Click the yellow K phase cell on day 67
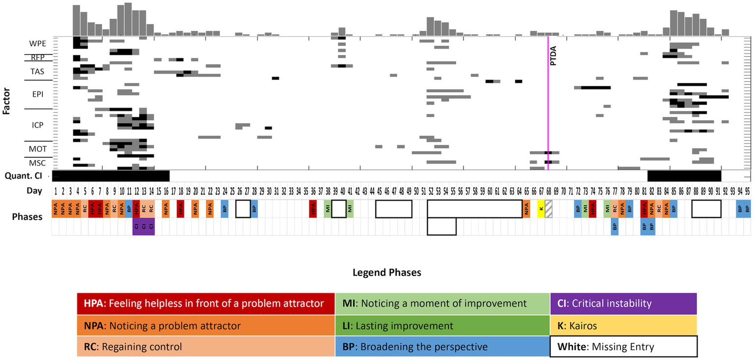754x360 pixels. tap(541, 209)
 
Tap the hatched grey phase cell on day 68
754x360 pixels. tap(549, 209)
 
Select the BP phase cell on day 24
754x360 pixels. tap(224, 209)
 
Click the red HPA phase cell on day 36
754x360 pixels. tap(313, 209)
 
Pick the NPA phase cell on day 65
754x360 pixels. tap(527, 209)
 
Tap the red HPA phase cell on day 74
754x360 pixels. tap(593, 209)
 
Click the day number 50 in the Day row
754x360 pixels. tap(416, 191)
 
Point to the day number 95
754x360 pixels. tap(747, 191)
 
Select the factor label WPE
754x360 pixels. tap(37, 43)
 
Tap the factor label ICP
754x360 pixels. tap(37, 125)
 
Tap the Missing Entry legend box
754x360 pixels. tap(623, 346)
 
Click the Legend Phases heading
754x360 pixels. tap(387, 273)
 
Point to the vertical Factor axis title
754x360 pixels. tap(6, 102)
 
